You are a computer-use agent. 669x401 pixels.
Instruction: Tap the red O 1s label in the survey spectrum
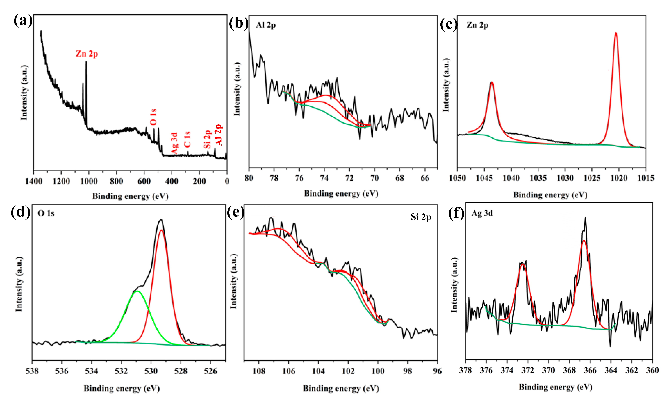click(x=153, y=117)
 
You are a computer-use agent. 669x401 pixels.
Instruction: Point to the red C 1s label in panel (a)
click(x=187, y=139)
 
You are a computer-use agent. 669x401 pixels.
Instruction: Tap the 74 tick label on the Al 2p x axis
click(x=324, y=178)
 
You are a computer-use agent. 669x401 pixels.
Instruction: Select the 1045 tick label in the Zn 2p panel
click(x=484, y=178)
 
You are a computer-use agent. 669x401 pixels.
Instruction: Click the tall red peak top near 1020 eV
click(x=616, y=33)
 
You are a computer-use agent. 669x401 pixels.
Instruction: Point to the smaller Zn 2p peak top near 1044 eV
click(x=492, y=82)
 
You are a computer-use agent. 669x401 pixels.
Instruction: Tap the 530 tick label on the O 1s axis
click(x=151, y=371)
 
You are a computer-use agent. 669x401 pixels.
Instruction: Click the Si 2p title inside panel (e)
click(x=421, y=217)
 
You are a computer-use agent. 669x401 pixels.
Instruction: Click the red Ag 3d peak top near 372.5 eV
click(x=522, y=264)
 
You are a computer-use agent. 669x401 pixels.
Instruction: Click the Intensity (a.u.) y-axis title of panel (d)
click(x=19, y=284)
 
